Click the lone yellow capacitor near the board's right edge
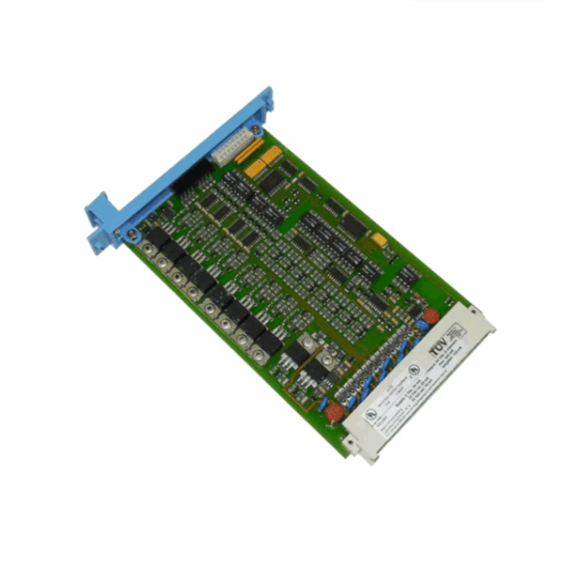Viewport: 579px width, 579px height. pos(379,238)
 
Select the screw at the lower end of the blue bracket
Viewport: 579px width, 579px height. pos(128,232)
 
